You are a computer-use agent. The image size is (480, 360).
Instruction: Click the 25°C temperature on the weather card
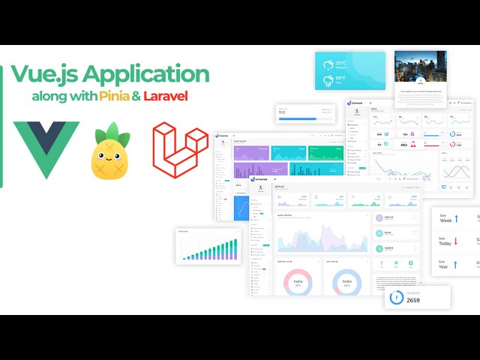point(341,63)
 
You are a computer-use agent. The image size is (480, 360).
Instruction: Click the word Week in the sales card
point(445,220)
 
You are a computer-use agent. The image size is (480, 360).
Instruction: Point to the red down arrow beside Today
point(460,242)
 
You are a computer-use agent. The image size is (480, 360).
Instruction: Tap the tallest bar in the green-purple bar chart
point(235,248)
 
